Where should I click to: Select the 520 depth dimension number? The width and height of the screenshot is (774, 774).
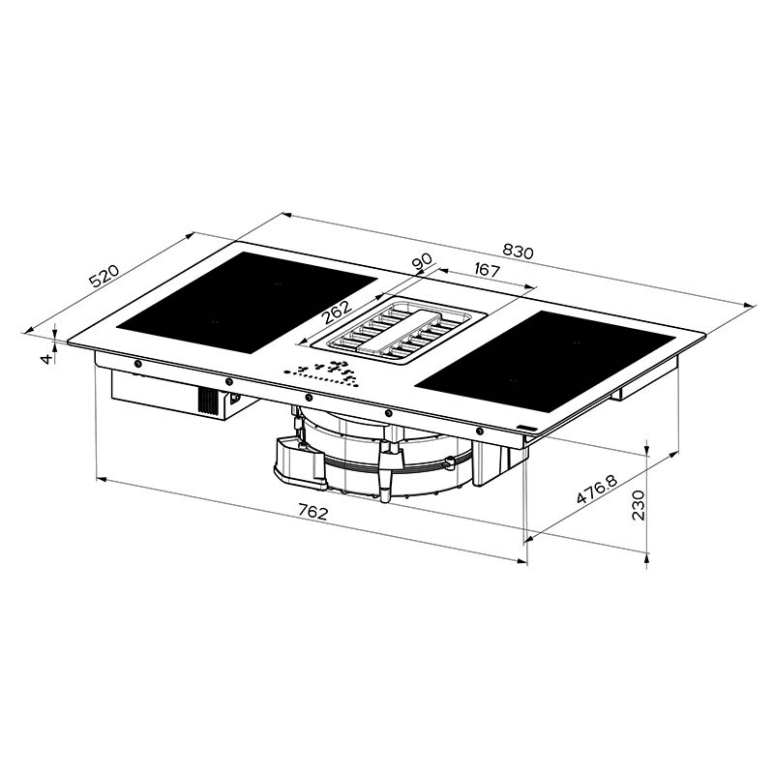coord(103,277)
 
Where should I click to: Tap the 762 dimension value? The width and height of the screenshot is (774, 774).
coord(312,512)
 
